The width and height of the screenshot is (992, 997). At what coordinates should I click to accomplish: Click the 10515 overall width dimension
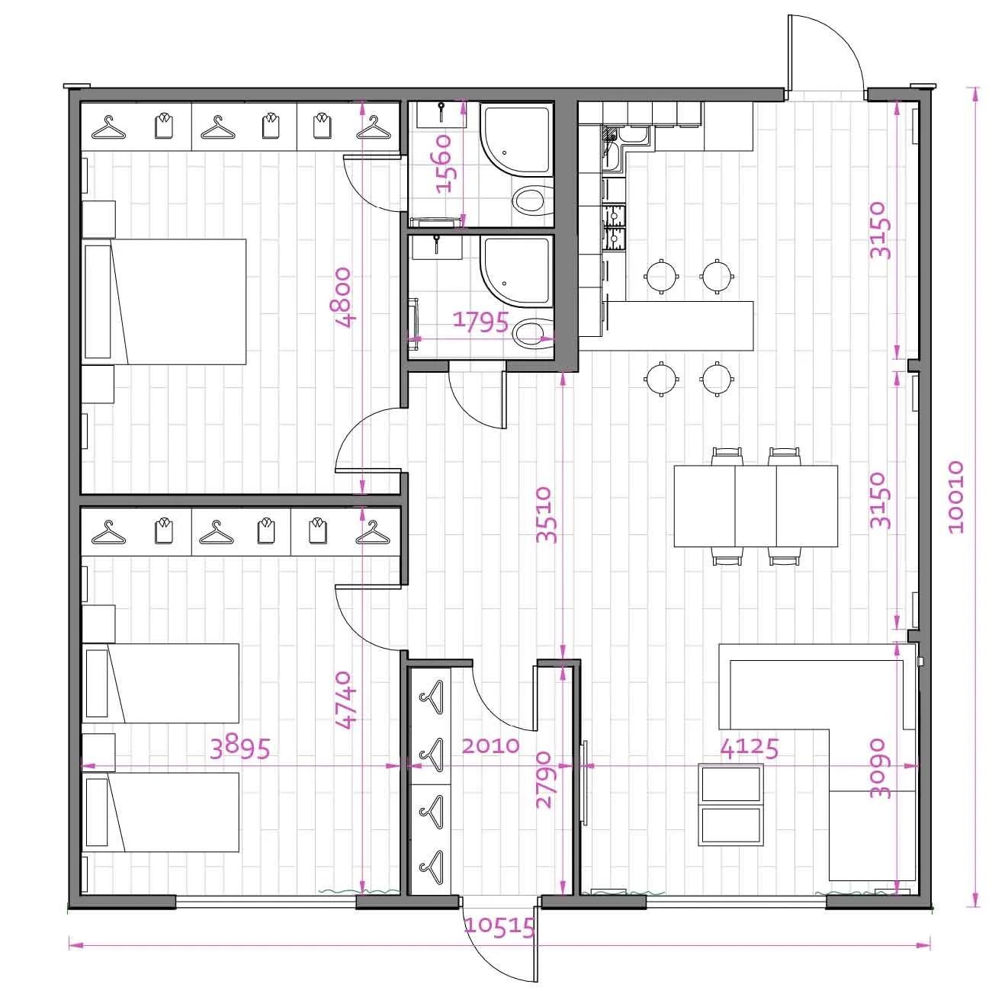(499, 927)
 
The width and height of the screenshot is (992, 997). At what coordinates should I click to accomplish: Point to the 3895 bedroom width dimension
(239, 748)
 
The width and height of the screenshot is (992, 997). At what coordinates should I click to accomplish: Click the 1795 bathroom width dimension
(481, 322)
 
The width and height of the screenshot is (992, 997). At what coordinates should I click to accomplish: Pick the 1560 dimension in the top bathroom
(444, 164)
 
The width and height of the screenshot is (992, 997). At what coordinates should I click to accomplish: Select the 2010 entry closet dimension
(490, 745)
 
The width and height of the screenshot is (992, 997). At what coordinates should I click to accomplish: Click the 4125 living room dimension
(750, 749)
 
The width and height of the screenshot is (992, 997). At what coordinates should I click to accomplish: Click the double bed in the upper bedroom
(164, 302)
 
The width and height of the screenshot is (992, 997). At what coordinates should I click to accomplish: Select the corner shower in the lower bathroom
(516, 270)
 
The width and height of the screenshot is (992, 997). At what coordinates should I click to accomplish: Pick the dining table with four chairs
(756, 506)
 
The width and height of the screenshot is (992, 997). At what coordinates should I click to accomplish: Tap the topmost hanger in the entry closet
(432, 697)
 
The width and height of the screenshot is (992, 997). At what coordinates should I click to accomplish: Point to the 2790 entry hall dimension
(544, 780)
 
